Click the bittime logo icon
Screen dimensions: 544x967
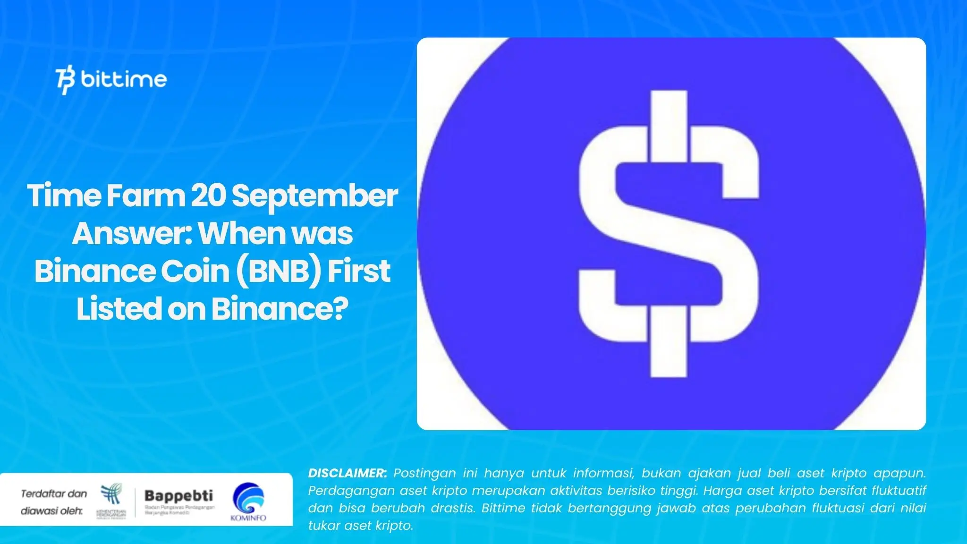coord(66,81)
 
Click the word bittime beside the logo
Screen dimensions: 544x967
coord(124,79)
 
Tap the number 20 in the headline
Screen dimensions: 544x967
coord(209,195)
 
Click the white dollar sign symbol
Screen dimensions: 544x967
coord(669,234)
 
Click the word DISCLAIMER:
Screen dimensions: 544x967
coord(348,473)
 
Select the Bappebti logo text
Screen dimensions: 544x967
coord(178,496)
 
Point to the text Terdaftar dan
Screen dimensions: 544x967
coord(54,494)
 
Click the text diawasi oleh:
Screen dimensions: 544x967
coord(51,511)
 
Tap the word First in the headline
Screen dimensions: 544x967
coord(359,271)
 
